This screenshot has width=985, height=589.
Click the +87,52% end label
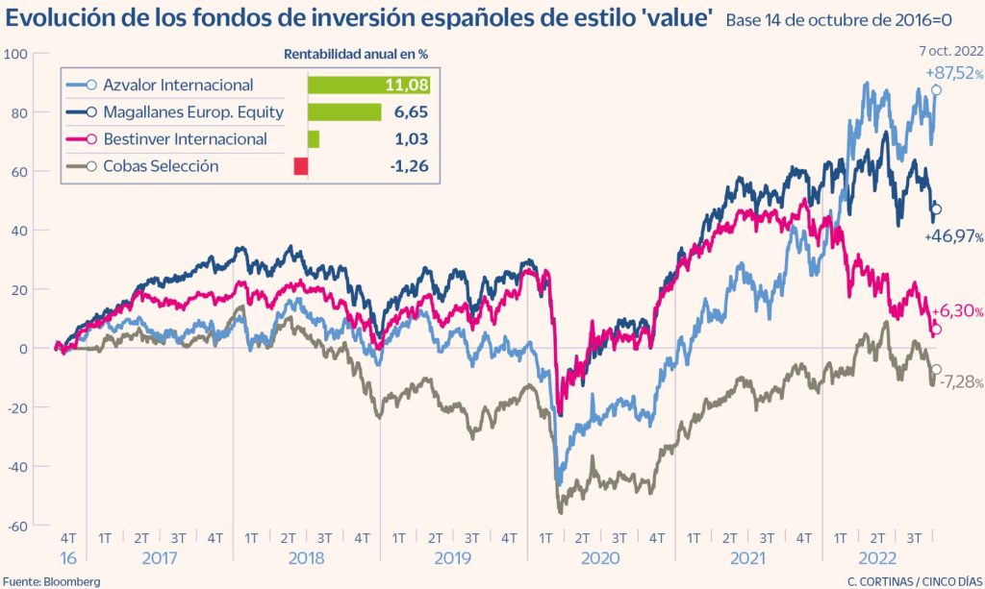point(953,73)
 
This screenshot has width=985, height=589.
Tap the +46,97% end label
point(953,236)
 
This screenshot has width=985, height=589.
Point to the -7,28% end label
point(958,382)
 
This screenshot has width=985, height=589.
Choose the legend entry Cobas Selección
point(163,166)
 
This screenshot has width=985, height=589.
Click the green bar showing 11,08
point(368,86)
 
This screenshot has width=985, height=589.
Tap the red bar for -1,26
point(301,166)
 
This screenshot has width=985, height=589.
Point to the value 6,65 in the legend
point(410,112)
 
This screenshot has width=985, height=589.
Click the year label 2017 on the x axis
point(159,557)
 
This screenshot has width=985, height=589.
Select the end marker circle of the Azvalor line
point(936,90)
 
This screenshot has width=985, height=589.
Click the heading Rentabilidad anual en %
point(355,54)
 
